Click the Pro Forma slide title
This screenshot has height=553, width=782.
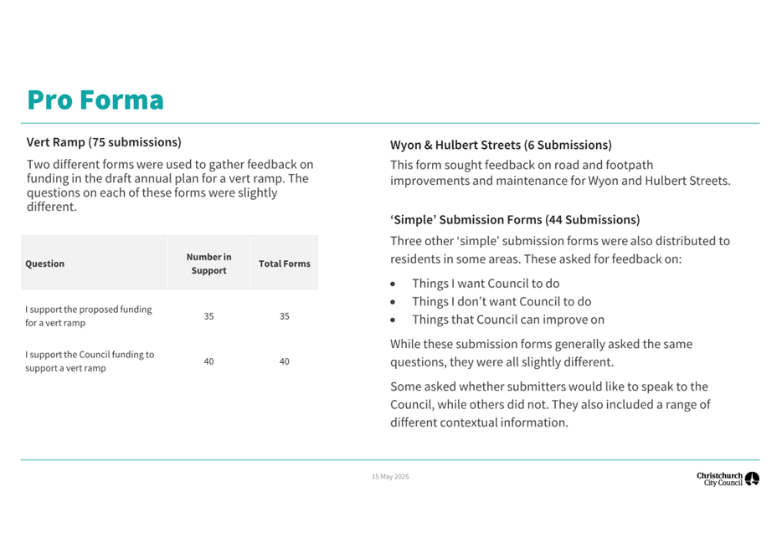95,100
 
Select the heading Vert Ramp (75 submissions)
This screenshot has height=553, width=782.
104,142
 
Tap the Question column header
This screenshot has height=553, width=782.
45,264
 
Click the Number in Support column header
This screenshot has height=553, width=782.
208,264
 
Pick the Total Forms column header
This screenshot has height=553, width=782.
284,264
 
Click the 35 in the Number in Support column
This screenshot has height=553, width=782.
208,316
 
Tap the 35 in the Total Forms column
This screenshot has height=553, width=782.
284,316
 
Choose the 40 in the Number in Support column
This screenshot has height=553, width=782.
208,361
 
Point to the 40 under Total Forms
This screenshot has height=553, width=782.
284,361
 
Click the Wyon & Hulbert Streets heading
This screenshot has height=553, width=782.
501,145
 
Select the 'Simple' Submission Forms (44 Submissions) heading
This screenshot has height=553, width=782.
515,220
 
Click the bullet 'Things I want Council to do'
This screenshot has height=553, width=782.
486,284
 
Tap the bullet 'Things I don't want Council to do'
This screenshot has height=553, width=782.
502,301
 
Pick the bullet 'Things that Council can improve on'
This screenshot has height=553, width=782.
508,320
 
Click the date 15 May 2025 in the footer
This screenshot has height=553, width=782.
390,477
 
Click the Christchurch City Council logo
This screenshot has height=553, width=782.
728,479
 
